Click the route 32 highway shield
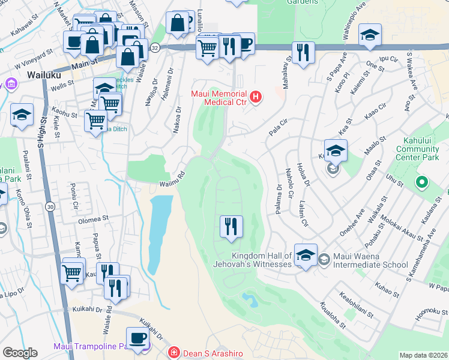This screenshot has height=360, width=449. click(x=155, y=47)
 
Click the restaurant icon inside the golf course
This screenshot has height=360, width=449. click(x=231, y=227)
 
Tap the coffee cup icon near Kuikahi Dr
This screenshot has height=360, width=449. click(x=138, y=338)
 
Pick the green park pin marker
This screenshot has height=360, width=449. click(x=422, y=181)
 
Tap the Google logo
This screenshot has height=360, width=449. click(x=20, y=353)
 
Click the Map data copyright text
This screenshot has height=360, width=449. click(x=423, y=355)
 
